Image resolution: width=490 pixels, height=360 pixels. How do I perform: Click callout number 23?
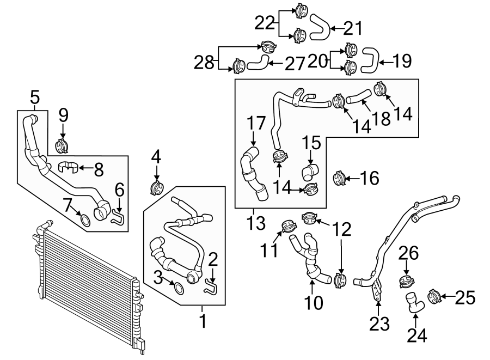(x=379, y=324)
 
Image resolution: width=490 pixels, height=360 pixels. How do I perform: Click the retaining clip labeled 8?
(x=69, y=167)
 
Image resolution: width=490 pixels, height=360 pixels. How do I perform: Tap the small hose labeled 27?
(x=258, y=63)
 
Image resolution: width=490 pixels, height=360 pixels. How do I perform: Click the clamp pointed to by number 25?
(x=434, y=297)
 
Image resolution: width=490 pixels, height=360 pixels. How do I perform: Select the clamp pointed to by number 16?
(x=339, y=178)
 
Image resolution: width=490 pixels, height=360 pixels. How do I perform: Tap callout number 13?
(x=255, y=223)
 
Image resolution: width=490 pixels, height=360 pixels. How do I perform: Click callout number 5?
(x=34, y=98)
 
